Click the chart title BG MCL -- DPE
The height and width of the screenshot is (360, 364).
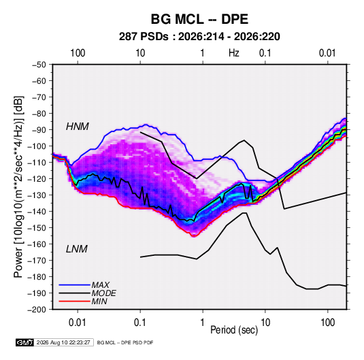pyautogui.click(x=199, y=19)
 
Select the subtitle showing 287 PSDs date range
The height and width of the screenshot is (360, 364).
pyautogui.click(x=199, y=37)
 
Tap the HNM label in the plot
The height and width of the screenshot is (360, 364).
pyautogui.click(x=78, y=127)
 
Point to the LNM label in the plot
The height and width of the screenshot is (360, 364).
pyautogui.click(x=77, y=249)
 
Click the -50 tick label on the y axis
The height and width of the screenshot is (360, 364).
pyautogui.click(x=39, y=65)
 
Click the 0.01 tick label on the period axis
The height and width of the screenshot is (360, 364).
pyautogui.click(x=78, y=323)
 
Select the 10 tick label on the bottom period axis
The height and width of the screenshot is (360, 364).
pyautogui.click(x=265, y=323)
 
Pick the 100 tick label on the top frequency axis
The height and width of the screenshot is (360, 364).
pyautogui.click(x=78, y=53)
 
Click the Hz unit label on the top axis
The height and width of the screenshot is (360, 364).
pyautogui.click(x=234, y=53)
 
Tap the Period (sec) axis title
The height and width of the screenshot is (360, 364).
pyautogui.click(x=234, y=330)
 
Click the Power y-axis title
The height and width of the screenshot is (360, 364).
pyautogui.click(x=18, y=187)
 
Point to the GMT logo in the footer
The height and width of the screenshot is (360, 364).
pyautogui.click(x=25, y=342)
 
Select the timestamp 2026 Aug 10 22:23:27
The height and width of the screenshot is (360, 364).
pyautogui.click(x=63, y=342)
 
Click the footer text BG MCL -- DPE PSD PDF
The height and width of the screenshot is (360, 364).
pyautogui.click(x=125, y=342)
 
